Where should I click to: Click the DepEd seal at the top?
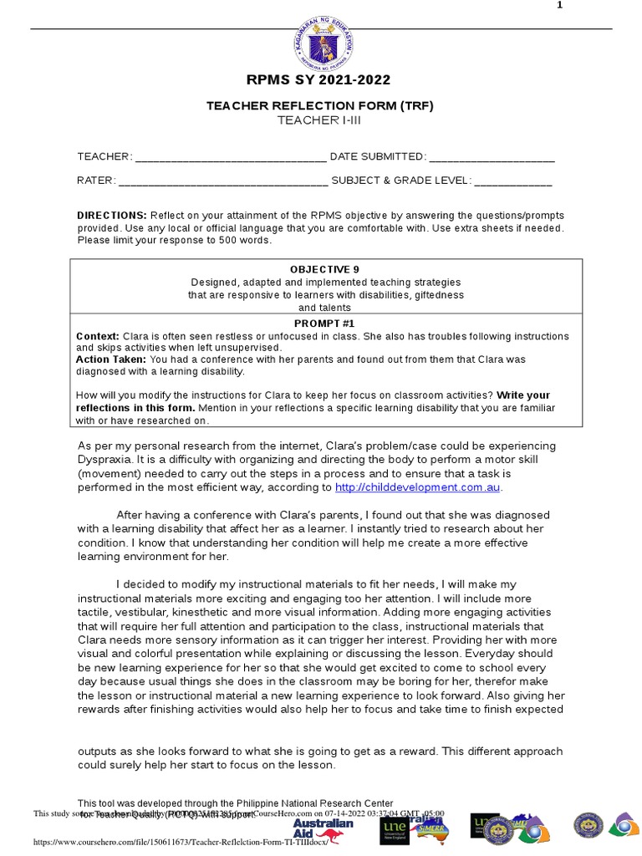(x=324, y=42)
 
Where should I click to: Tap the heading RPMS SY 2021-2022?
(x=318, y=80)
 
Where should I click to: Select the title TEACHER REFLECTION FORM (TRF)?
(x=320, y=106)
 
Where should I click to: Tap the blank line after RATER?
(x=223, y=181)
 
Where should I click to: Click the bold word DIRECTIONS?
(x=112, y=215)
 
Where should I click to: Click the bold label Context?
(x=98, y=336)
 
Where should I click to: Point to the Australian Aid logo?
(x=323, y=828)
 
